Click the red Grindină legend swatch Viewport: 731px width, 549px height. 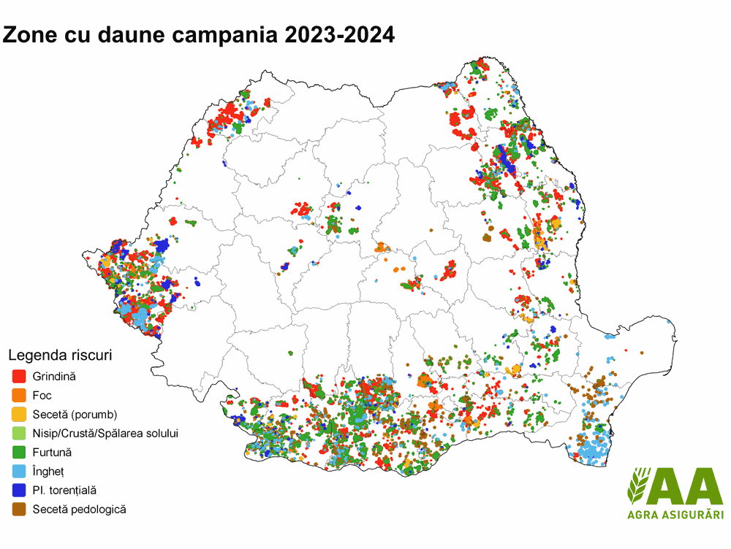(20, 377)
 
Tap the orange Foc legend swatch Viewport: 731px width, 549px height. (20, 396)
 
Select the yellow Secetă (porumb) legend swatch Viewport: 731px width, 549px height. (20, 415)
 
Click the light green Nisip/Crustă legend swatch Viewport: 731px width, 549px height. (20, 434)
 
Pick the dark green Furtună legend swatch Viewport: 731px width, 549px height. (20, 453)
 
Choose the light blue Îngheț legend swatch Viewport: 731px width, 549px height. (20, 472)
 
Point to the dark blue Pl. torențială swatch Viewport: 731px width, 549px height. (20, 491)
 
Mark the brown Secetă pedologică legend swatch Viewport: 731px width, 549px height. (20, 510)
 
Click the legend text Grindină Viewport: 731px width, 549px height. (54, 377)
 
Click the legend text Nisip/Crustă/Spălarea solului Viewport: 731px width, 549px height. (105, 434)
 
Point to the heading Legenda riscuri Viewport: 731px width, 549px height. (60, 356)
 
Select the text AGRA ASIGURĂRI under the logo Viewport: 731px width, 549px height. (675, 516)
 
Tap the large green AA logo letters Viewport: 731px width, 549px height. (687, 485)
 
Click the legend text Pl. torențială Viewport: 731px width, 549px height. (64, 491)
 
